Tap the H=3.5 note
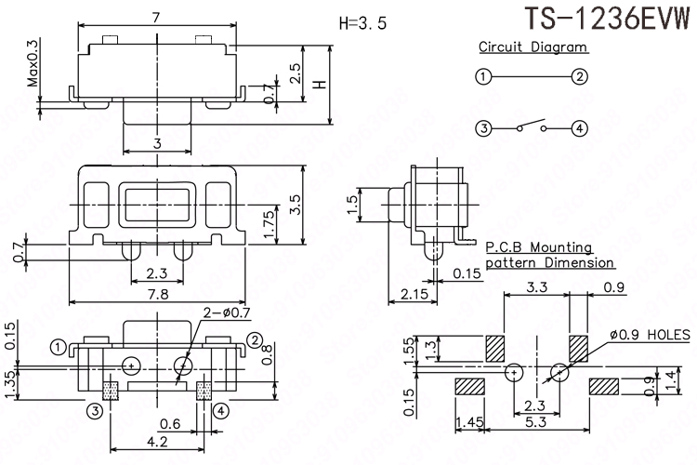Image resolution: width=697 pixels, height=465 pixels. click(361, 23)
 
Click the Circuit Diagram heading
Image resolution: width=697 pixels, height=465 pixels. click(533, 46)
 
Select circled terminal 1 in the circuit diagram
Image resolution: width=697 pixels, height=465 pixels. click(482, 77)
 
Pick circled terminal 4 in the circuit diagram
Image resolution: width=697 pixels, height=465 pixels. click(581, 129)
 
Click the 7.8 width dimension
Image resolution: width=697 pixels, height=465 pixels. click(159, 294)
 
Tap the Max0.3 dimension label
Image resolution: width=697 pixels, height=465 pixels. click(33, 63)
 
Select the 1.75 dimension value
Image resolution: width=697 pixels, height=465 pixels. click(270, 224)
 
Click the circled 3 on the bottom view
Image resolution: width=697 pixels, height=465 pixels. click(95, 410)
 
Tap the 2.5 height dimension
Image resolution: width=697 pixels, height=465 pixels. click(295, 73)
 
